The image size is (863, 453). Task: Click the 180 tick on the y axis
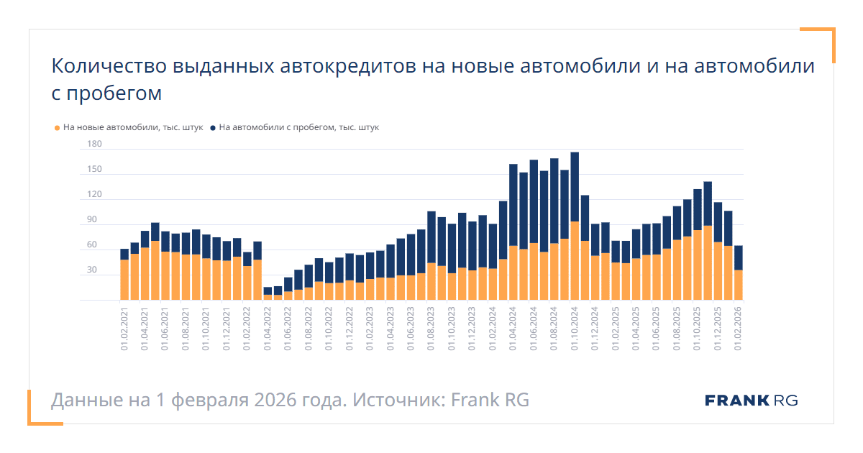point(94,145)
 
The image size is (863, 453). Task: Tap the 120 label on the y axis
point(94,195)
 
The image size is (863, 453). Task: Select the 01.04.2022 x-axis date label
point(268,328)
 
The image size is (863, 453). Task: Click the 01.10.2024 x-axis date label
point(575,328)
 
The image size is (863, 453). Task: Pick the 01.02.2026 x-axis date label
point(738,328)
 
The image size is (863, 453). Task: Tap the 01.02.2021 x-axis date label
point(124,328)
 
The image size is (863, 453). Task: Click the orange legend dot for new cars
point(58,128)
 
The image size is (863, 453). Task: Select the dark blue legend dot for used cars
point(213,128)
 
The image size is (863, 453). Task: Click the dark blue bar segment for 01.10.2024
point(575,187)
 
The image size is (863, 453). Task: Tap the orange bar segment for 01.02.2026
point(738,285)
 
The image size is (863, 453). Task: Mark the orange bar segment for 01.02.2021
point(124,280)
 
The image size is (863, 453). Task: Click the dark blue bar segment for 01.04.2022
point(268,291)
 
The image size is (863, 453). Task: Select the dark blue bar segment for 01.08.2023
point(431,237)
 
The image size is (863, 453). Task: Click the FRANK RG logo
point(751,401)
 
